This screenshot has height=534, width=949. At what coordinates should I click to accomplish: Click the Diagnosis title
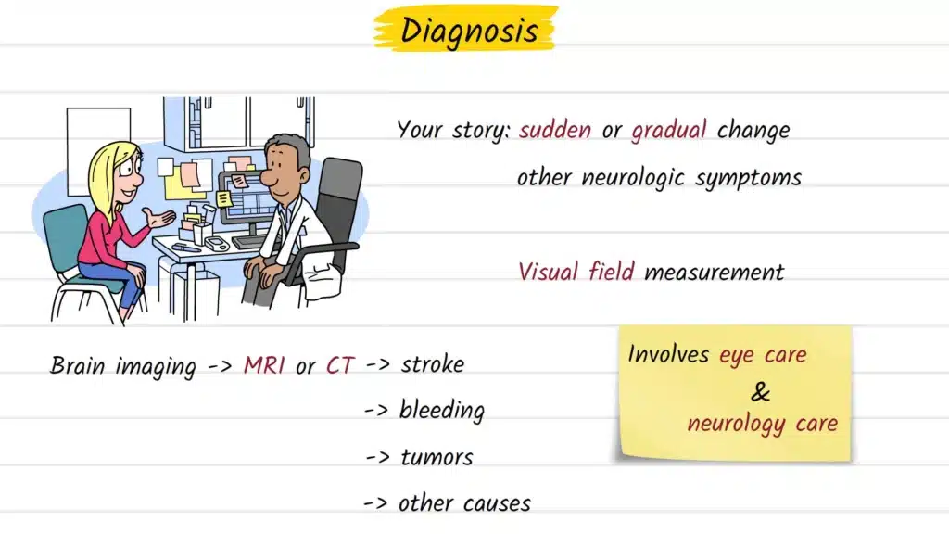click(468, 30)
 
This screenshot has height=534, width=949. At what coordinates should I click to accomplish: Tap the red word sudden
click(555, 130)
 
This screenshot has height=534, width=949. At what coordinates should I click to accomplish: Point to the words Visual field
click(576, 272)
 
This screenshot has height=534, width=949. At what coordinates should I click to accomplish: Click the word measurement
click(714, 273)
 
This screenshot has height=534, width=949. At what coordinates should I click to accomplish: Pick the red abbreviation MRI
click(265, 365)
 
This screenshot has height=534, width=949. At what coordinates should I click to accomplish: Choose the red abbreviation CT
click(340, 365)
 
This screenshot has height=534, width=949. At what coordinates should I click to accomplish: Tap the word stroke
click(432, 363)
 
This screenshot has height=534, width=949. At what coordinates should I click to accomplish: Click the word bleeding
click(441, 410)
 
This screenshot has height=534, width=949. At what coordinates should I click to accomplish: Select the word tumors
click(437, 457)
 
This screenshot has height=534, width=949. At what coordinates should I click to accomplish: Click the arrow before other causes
click(376, 504)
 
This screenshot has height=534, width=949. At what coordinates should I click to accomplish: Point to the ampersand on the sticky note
click(760, 392)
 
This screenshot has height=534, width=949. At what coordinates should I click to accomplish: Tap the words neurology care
click(762, 425)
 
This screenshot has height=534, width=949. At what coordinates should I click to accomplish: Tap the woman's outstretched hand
click(163, 220)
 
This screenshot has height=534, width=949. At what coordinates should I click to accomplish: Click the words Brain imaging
click(122, 365)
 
